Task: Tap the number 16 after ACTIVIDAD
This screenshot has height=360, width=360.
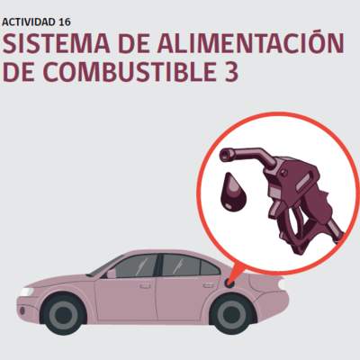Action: coord(64,22)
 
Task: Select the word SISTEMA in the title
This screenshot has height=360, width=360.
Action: coord(57,43)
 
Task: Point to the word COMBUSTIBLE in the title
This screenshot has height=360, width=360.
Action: coord(128,72)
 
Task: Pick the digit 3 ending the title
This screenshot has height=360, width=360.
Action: coord(230,72)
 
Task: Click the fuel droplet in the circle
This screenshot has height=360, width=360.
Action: coord(233,192)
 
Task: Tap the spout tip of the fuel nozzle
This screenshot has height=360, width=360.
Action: coord(225,155)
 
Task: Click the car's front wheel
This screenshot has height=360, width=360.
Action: coord(63,314)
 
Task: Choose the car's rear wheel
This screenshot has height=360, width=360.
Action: coord(232,314)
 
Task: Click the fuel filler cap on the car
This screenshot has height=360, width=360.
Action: coord(229,283)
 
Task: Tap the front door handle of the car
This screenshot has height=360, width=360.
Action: coord(145,286)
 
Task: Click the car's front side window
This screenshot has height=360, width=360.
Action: coord(137,266)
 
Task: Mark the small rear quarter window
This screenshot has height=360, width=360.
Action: coord(210,268)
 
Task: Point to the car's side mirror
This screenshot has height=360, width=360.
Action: coord(111,274)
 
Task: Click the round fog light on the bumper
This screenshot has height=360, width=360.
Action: coord(22,311)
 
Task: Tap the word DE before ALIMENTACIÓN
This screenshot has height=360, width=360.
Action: coord(133,43)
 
